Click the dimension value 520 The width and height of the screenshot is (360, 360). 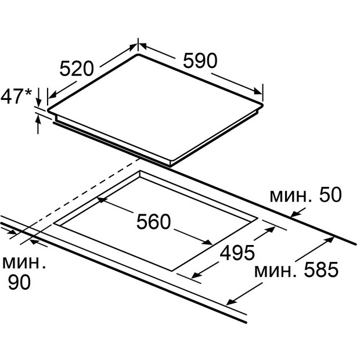point(77,69)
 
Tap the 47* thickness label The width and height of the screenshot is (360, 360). point(16,96)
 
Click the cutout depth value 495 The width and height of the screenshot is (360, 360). point(237,253)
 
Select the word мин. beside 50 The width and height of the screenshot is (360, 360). point(289,196)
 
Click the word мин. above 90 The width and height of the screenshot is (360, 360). point(23,262)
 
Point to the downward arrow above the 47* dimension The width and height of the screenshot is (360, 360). point(38,100)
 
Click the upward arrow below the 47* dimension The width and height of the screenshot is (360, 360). point(38,119)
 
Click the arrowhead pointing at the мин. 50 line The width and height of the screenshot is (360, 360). point(294,215)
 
